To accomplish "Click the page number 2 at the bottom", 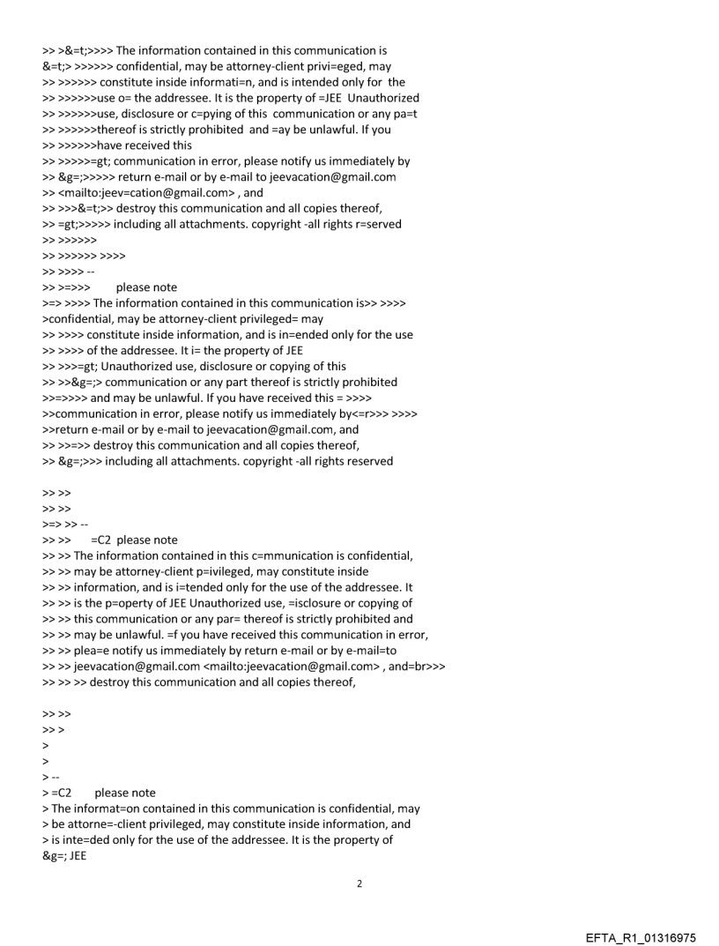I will click(x=359, y=883).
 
